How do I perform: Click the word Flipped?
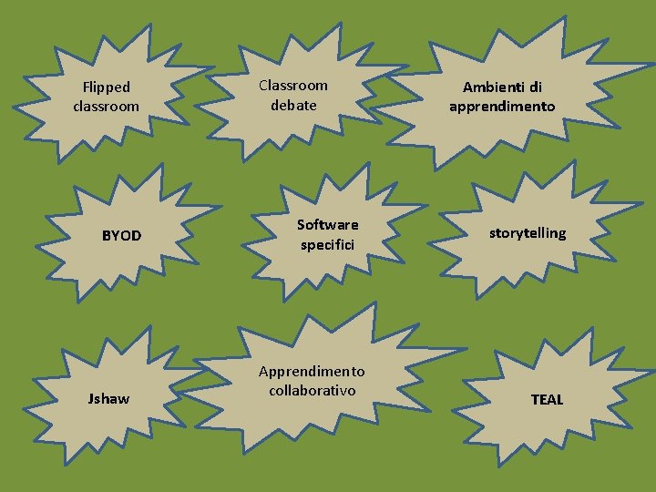coord(107,87)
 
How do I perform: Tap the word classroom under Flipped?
coord(107,107)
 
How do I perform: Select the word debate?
coord(293,105)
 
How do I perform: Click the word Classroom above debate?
coord(293,86)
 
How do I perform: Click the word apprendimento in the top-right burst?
coord(502,107)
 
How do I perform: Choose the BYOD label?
coord(121,236)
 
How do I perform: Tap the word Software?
coord(328,225)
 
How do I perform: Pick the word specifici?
coord(328,245)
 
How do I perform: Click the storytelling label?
coord(528,233)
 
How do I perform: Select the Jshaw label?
coord(108,399)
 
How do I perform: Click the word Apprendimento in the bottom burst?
coord(312,372)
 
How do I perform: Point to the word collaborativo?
coord(312,391)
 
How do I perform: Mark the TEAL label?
coord(547,400)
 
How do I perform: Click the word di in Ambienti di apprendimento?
coord(535,87)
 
